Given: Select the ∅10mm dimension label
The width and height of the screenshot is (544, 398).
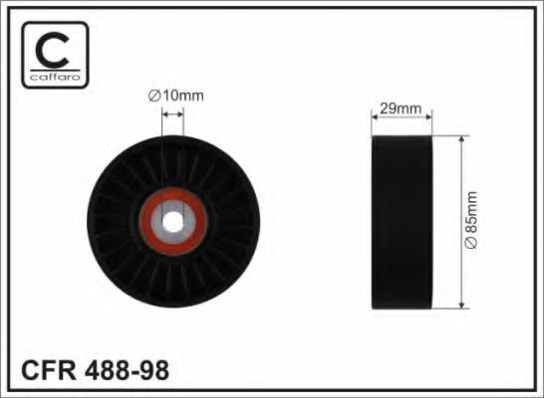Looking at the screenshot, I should coord(174,96).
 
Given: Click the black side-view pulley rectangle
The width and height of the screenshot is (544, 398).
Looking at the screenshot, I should coord(401,220).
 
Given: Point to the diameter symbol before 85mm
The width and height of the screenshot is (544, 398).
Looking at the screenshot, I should coord(471,245).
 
